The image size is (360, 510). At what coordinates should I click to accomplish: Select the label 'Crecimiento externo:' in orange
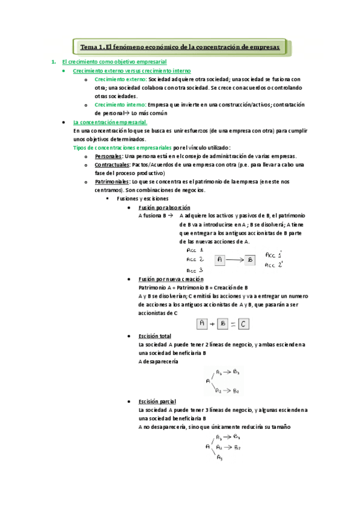(x=120, y=79)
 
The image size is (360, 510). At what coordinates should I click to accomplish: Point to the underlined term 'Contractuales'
(x=112, y=165)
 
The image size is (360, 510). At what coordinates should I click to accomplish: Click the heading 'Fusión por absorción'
(x=160, y=207)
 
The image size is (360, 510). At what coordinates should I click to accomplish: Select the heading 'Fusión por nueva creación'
(x=171, y=280)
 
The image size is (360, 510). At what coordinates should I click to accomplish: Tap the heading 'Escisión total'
(x=154, y=336)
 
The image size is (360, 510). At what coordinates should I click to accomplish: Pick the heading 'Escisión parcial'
(x=157, y=401)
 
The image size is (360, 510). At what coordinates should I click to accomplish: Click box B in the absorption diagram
(x=250, y=260)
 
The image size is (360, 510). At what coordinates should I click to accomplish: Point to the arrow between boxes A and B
(x=235, y=260)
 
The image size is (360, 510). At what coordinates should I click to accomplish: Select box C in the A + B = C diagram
(x=243, y=324)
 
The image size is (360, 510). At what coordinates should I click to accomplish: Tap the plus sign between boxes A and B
(x=212, y=324)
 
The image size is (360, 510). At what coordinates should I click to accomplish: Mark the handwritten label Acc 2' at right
(x=274, y=265)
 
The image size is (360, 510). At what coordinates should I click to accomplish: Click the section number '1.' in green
(x=54, y=62)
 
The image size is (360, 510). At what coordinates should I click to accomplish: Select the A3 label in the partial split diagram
(x=219, y=458)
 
